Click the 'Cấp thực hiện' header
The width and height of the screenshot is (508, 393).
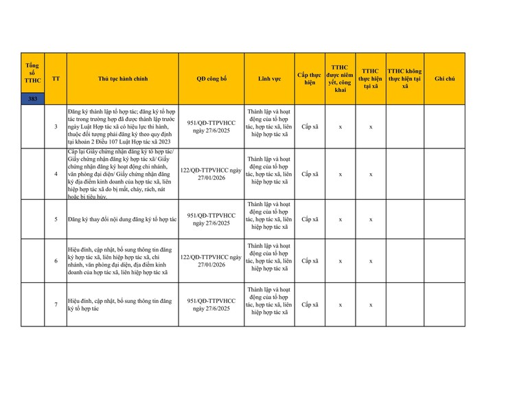(x=310, y=79)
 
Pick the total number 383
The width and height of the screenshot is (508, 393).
(x=33, y=99)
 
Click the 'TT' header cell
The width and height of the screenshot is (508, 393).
(x=56, y=79)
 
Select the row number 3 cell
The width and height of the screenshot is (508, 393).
(x=56, y=127)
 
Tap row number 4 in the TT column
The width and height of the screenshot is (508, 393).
(x=56, y=174)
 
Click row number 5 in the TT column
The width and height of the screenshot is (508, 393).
(x=56, y=219)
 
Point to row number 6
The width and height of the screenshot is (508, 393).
(x=56, y=261)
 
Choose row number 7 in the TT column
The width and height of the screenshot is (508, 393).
(x=56, y=304)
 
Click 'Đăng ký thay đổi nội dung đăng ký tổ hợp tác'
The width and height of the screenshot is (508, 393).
(x=122, y=219)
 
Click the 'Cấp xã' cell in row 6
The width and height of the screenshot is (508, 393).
(x=310, y=261)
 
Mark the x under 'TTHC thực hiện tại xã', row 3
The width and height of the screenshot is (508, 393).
(x=371, y=127)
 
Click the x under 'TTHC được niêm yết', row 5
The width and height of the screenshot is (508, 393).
(x=340, y=219)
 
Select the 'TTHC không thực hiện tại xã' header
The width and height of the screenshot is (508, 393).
(x=405, y=79)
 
